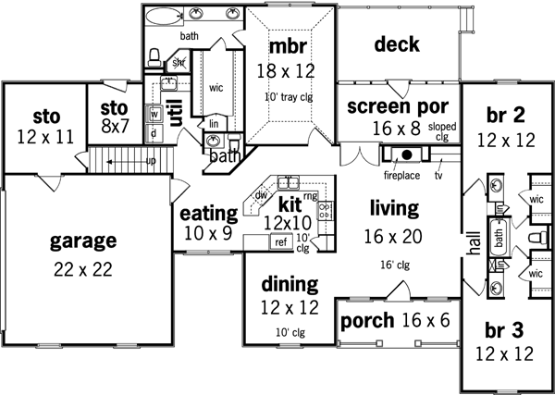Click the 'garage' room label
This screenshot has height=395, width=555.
point(83,241)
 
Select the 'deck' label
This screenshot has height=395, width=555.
point(398,44)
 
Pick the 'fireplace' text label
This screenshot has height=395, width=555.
point(402,173)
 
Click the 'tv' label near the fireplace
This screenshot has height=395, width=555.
point(438,173)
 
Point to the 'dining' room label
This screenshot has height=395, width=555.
point(289,285)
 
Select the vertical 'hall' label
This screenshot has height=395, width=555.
point(474,242)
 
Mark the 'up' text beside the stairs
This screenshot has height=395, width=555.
point(124,160)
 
